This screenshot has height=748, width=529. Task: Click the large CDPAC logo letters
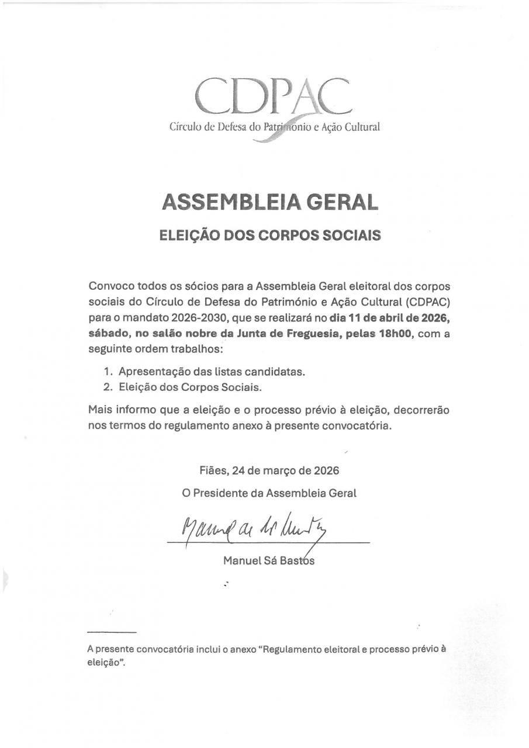[x=273, y=96]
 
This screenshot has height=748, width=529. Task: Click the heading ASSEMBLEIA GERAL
[x=269, y=202]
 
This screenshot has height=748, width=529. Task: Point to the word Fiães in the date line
[x=212, y=470]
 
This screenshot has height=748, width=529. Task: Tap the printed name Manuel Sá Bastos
[x=268, y=561]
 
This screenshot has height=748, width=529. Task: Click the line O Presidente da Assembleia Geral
[x=269, y=493]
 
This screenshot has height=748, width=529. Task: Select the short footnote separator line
[x=112, y=632]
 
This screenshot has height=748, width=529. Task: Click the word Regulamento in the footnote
[x=296, y=649]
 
